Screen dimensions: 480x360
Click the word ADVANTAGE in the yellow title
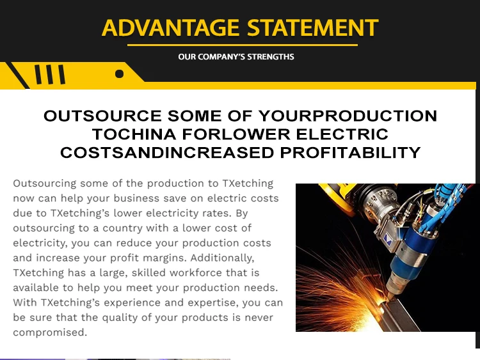tap(170, 27)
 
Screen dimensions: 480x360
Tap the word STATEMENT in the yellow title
tap(313, 27)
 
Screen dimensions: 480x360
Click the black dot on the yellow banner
tap(120, 74)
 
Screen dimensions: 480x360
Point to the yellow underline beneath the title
tap(243, 45)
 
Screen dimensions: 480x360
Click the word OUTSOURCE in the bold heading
tap(102, 116)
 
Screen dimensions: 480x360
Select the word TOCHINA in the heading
tap(134, 134)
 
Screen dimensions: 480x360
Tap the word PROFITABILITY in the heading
tap(351, 153)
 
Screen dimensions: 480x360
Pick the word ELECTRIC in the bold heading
tap(342, 134)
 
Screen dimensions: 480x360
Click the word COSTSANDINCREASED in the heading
tap(167, 153)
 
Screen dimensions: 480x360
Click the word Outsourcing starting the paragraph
tap(45, 184)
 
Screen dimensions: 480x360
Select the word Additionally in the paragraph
tap(222, 258)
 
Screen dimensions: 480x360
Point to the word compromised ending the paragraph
tap(50, 333)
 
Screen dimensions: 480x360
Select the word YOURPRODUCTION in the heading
tap(348, 116)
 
